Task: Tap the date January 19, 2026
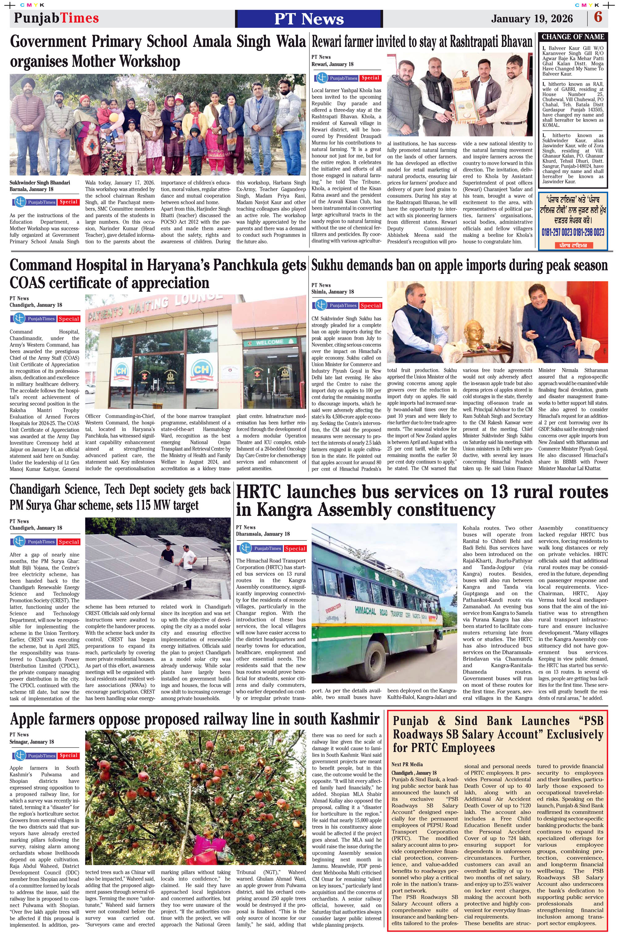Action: [x=532, y=18]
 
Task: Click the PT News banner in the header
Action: [x=309, y=19]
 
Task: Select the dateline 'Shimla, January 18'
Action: [x=332, y=292]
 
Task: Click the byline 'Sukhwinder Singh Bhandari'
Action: [x=40, y=183]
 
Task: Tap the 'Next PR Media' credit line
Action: [x=407, y=764]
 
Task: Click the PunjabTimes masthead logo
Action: [x=56, y=18]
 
